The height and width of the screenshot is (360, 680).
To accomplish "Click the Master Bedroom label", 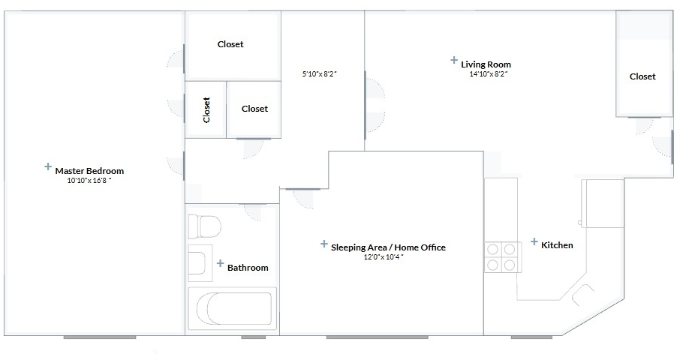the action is click(89, 171).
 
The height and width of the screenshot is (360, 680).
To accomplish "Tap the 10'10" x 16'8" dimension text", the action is click(89, 181).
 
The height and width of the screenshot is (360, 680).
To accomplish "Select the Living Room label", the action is click(486, 64).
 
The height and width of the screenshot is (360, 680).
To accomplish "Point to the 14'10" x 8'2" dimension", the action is click(489, 73).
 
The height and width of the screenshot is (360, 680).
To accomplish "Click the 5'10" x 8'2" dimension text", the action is click(320, 73).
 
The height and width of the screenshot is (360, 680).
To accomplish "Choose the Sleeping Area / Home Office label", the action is click(388, 247).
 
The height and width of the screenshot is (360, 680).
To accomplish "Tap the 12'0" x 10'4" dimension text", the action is click(384, 257).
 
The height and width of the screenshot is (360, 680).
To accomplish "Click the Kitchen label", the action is click(557, 245).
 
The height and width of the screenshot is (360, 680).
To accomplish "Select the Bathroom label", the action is click(248, 268).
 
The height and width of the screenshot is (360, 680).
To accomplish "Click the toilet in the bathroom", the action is click(204, 226).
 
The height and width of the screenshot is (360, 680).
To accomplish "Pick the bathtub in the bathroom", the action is click(233, 309).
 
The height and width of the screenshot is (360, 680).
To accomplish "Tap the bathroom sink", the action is click(200, 263).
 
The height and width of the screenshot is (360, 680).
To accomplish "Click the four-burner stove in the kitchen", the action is click(503, 257).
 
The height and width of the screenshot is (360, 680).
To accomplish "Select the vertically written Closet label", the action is click(206, 109).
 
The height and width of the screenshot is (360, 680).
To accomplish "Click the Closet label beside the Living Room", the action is click(642, 76).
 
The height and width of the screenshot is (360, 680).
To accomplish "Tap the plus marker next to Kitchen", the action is click(534, 241).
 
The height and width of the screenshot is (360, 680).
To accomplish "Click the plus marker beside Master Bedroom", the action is click(48, 166).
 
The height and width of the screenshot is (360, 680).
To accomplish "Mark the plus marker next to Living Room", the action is click(453, 60).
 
